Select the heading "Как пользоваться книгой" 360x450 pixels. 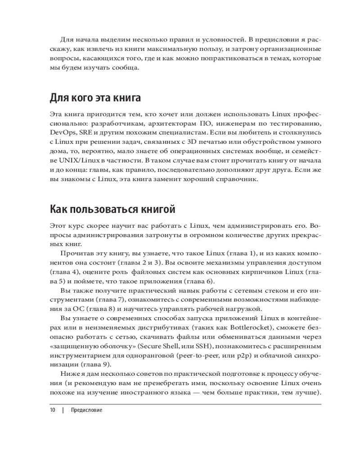tap(112, 209)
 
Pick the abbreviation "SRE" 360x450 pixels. tap(85, 133)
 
